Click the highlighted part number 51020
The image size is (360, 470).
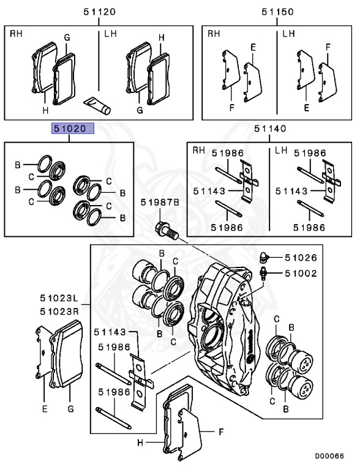[73, 129]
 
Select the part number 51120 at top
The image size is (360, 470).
[99, 12]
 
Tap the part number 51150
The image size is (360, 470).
[277, 12]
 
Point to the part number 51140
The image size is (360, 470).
[270, 129]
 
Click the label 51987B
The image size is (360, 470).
[160, 203]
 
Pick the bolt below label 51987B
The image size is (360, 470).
[167, 230]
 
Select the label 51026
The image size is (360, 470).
[301, 258]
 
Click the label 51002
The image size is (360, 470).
[301, 274]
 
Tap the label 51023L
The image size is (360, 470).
[59, 298]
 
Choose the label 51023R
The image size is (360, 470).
[59, 311]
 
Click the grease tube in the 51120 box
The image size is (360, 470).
[97, 105]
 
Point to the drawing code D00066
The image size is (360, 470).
[329, 456]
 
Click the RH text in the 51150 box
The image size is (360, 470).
[214, 34]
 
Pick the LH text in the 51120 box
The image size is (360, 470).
[110, 34]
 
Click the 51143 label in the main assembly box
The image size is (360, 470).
[110, 332]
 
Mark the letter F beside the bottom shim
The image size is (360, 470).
[221, 432]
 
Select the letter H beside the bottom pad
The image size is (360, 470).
[140, 442]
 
